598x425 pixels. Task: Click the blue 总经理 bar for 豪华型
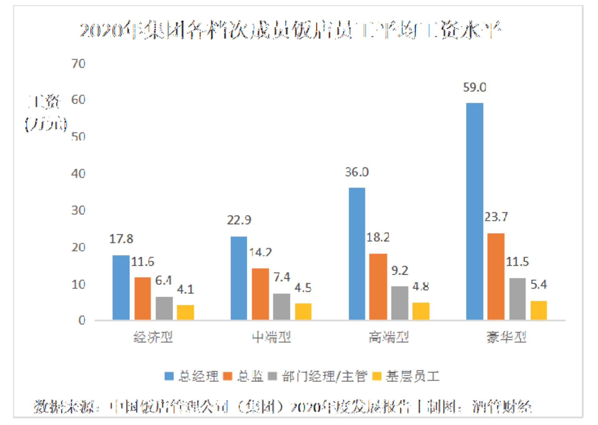click(474, 211)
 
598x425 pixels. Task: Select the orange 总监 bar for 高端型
click(378, 286)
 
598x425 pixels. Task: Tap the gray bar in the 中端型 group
click(281, 306)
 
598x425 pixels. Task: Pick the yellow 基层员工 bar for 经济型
click(185, 312)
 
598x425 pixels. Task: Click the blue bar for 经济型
click(121, 287)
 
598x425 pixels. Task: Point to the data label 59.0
click(474, 87)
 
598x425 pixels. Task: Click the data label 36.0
click(357, 172)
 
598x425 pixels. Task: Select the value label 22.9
click(239, 220)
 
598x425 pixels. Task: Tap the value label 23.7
click(496, 217)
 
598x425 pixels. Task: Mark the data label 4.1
click(185, 290)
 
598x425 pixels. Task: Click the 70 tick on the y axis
click(78, 64)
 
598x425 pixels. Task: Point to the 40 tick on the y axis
click(78, 173)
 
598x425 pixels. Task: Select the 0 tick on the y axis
click(82, 320)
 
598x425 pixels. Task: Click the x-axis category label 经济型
click(153, 337)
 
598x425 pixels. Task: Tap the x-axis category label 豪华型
click(506, 337)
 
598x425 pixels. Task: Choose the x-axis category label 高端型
click(389, 337)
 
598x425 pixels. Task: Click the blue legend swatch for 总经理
click(169, 376)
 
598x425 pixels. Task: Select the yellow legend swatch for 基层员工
click(377, 376)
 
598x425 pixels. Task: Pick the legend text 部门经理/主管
click(325, 376)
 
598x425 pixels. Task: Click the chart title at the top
click(290, 30)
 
